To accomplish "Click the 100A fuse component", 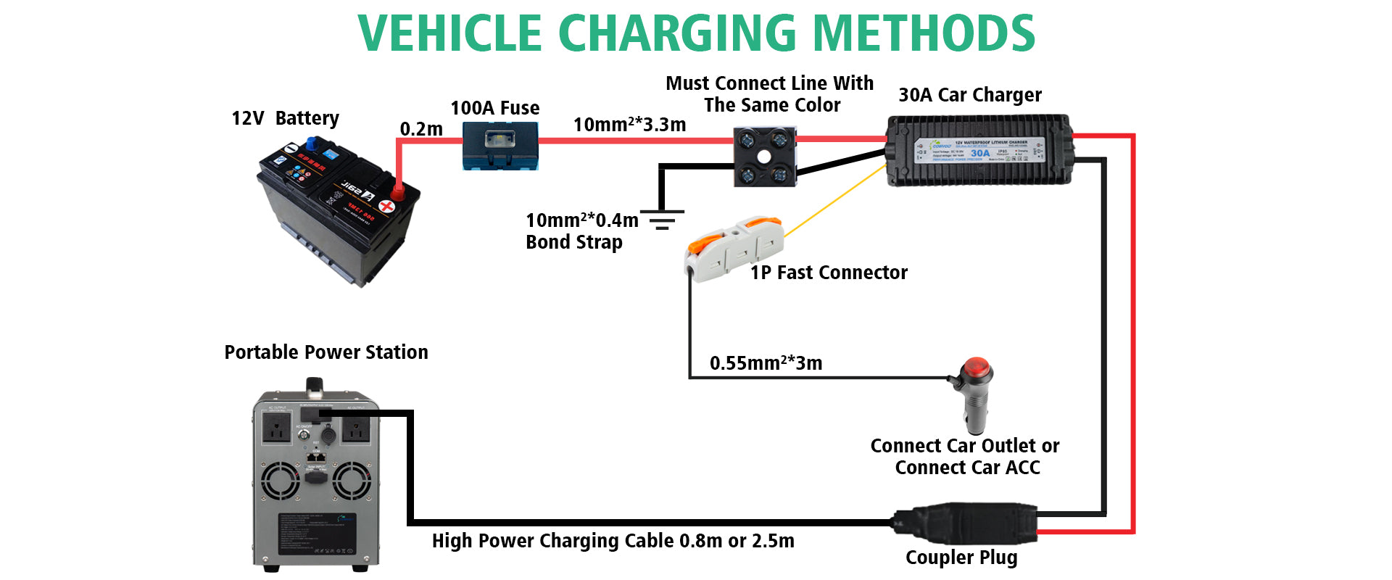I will click(500, 146).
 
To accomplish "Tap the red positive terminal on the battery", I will click(398, 191).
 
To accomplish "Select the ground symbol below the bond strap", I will click(661, 220).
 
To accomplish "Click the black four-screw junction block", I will click(765, 157).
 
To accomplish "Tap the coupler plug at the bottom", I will click(964, 523).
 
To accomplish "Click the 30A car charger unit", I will click(979, 150).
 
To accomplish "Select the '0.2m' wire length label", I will click(421, 129).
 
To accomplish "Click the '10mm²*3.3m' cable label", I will click(629, 125).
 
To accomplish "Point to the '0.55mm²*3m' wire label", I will click(766, 363).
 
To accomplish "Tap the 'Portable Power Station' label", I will click(326, 352).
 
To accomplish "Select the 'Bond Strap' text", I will click(573, 242).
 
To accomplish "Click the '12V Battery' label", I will click(285, 118).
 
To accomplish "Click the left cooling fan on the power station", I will click(280, 481).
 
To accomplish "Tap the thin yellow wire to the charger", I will click(834, 201).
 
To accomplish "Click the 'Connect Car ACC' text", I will click(967, 468).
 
